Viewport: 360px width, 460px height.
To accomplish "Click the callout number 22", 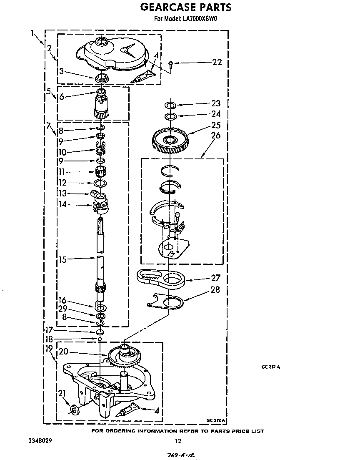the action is (217, 62).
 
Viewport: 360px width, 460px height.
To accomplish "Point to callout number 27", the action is (215, 277).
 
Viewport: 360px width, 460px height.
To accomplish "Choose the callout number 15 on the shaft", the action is (63, 260).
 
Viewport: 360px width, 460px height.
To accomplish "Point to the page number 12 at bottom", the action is (178, 441).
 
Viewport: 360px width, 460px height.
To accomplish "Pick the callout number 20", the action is (63, 351).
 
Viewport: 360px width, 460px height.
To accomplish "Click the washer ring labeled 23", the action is (170, 105).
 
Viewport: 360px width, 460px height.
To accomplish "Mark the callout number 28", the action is (215, 289).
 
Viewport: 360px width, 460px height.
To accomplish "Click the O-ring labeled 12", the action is (100, 183).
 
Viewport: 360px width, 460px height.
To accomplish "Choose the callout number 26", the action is (215, 136).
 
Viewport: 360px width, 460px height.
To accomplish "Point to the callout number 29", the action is (63, 309).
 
